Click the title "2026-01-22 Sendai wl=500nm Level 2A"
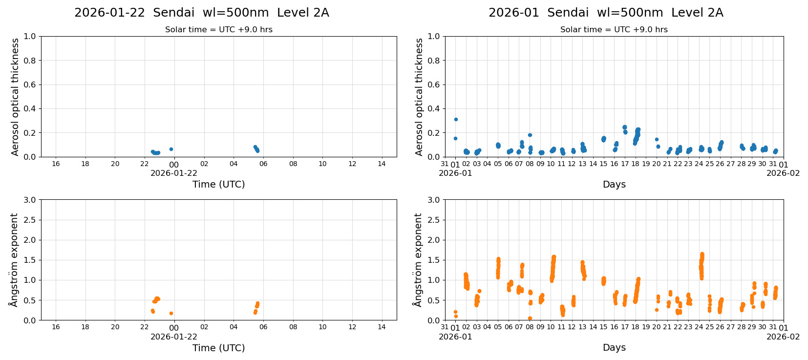[201, 13]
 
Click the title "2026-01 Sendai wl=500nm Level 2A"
[605, 13]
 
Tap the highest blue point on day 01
[456, 119]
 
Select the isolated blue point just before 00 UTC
[171, 149]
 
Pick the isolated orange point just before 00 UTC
[171, 313]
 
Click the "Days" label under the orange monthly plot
[614, 348]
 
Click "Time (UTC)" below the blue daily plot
[218, 184]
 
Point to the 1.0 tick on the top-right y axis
[434, 36]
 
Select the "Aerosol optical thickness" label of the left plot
[15, 97]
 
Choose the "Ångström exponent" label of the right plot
[418, 260]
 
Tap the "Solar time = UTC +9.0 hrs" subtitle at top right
[614, 30]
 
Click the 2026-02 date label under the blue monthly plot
[783, 173]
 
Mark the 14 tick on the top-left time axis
[382, 164]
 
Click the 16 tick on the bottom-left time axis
[56, 327]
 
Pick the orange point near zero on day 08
[530, 318]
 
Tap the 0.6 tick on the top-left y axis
[30, 85]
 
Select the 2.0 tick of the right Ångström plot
[434, 240]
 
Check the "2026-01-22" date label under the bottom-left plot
[174, 337]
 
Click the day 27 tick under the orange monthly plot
[730, 327]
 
